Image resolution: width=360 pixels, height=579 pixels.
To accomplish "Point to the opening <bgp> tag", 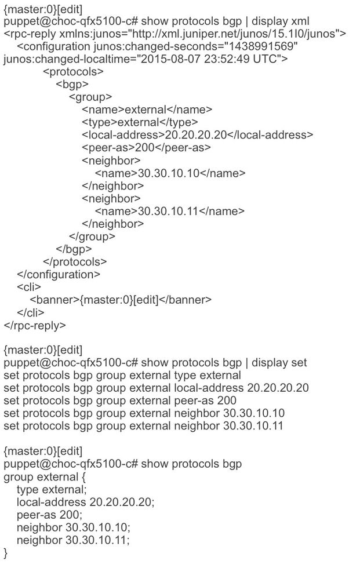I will [72, 85].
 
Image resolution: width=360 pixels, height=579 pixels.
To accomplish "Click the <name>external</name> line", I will [147, 110].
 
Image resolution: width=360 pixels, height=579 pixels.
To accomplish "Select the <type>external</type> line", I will [140, 122].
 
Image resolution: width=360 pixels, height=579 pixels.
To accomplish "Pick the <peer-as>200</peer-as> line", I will [146, 148].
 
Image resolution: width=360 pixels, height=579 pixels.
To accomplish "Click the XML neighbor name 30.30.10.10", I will [169, 173].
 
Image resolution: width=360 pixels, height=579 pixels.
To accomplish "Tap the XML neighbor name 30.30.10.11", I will [168, 212].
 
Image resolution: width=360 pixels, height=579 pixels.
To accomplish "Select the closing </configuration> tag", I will [58, 274].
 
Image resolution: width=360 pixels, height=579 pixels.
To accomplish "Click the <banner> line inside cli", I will [120, 300].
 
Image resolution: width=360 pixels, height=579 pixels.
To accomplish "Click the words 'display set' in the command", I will [281, 363].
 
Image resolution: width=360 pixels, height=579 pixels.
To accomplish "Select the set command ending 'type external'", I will [122, 376].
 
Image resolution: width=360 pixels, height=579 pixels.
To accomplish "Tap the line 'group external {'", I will [41, 477].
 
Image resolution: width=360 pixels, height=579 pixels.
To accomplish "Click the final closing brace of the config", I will [6, 553].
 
